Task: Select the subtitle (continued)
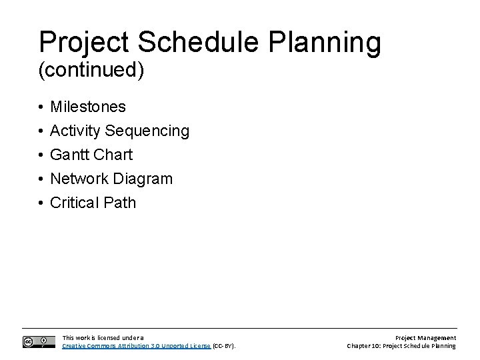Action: (x=91, y=71)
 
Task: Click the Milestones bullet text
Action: (x=88, y=107)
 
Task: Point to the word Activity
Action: (x=75, y=131)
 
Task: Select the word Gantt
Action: (x=70, y=155)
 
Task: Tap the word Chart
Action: (x=113, y=155)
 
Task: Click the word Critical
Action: (x=75, y=203)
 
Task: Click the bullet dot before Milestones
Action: (x=41, y=107)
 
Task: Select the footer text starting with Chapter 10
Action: (x=402, y=346)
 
